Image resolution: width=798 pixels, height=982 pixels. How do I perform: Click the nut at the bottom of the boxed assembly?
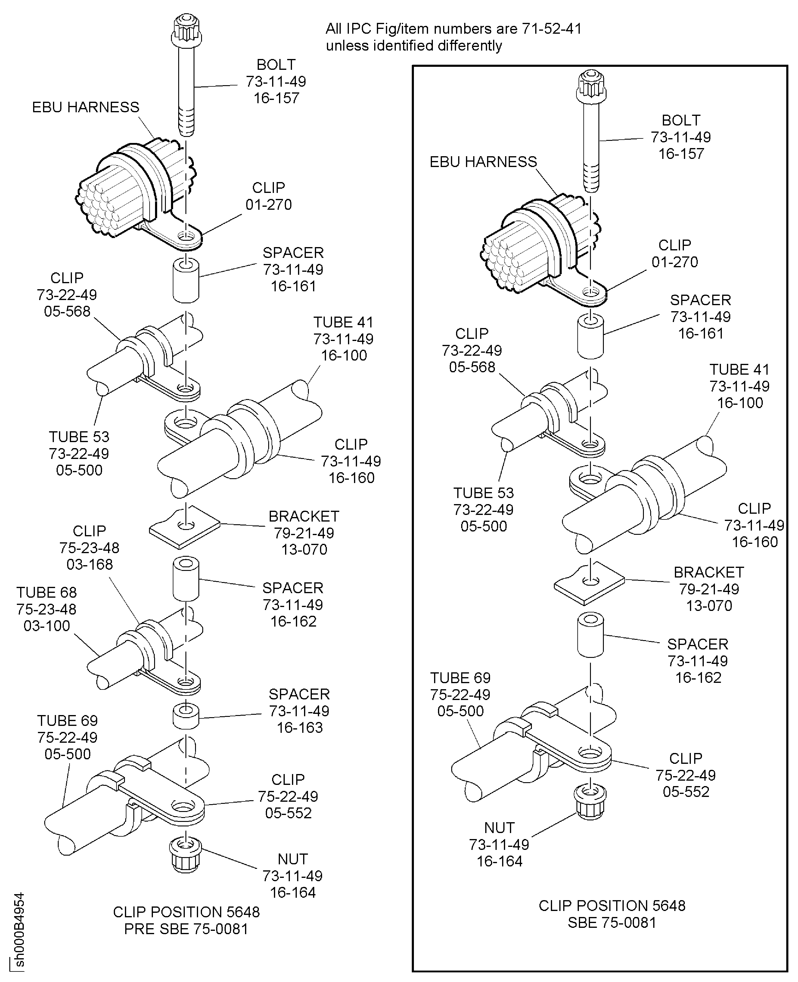pos(590,801)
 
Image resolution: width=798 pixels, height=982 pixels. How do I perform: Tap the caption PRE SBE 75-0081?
pos(186,929)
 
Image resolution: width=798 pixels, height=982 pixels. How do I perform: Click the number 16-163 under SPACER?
pos(299,727)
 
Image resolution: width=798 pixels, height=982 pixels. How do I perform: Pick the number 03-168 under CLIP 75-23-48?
pos(90,564)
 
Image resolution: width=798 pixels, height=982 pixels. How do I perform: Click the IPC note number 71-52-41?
pos(551,29)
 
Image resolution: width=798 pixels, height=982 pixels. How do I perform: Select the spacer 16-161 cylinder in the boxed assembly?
pos(590,337)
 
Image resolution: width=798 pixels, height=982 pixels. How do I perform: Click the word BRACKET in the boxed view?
pos(708,572)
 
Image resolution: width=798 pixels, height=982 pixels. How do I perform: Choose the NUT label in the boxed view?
pos(499,828)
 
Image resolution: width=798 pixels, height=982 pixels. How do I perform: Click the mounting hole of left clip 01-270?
pos(186,237)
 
